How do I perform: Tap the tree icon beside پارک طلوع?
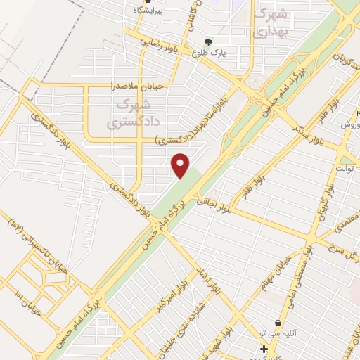[207, 41]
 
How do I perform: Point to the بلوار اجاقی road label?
[214, 204]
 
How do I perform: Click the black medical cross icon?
[263, 349]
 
